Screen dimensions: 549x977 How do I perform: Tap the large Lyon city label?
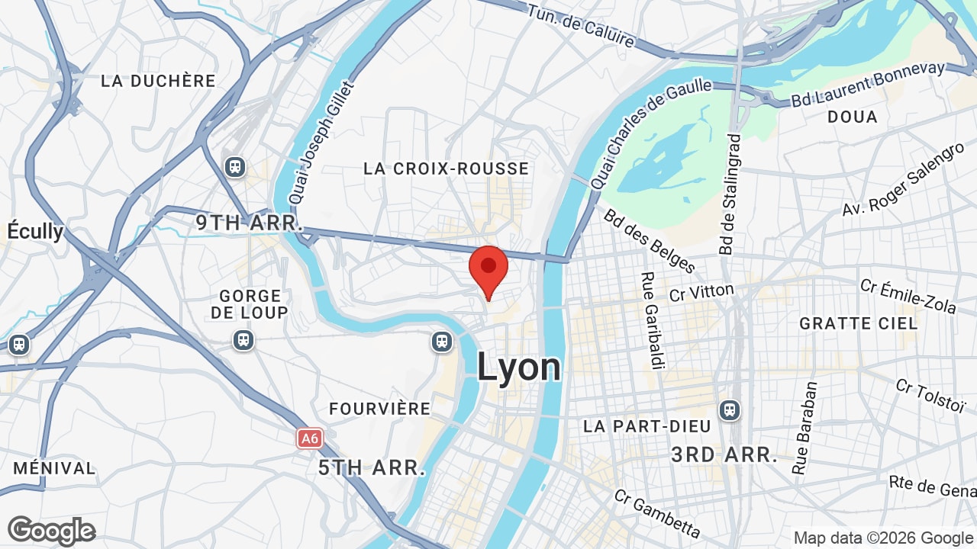(519, 367)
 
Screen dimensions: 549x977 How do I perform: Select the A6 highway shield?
(309, 438)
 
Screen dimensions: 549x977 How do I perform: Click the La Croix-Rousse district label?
(447, 169)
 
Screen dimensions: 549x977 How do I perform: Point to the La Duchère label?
(159, 81)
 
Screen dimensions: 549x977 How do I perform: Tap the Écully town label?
(36, 230)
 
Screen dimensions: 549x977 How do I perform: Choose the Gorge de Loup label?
(250, 303)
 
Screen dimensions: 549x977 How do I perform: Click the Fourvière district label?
(380, 409)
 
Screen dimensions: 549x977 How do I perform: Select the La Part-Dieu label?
(647, 426)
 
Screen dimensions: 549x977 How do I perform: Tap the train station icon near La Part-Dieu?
(730, 410)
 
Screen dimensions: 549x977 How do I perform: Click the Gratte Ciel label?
(859, 323)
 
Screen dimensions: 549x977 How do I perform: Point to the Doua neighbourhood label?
(853, 117)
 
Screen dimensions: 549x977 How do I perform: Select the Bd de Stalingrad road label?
(730, 194)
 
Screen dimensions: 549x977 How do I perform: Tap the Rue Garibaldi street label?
(650, 321)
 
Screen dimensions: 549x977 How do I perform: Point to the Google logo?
(51, 531)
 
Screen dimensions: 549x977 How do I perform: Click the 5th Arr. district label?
(372, 467)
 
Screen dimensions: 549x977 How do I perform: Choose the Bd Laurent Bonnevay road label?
(869, 83)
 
